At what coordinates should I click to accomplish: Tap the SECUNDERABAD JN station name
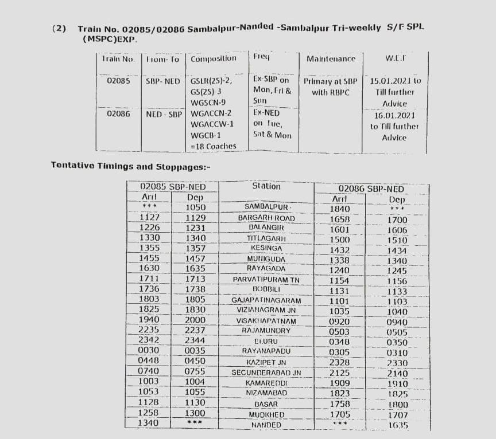pos(266,373)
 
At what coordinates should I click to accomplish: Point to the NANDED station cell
pos(266,425)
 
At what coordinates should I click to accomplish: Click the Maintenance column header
pos(331,59)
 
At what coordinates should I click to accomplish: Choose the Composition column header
pos(213,59)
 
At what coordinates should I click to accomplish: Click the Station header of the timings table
pos(266,186)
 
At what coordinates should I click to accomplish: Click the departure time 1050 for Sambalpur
pos(196,207)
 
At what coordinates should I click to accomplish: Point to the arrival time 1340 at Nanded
pos(149,424)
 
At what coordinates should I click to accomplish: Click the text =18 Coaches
pos(213,146)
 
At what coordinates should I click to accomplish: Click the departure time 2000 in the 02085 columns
pos(195,321)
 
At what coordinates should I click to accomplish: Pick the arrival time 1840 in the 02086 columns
pos(340,209)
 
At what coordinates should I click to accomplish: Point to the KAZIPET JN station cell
pos(266,363)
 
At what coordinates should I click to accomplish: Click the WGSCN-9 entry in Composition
pos(209,103)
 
